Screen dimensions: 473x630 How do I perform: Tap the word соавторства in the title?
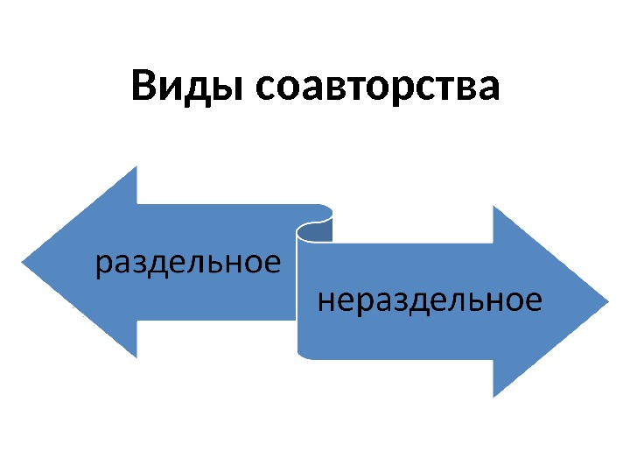click(378, 88)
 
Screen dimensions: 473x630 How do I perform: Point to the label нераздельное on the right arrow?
click(429, 302)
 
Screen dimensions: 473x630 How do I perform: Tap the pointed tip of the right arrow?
click(606, 302)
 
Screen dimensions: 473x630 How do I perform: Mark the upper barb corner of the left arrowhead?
click(137, 167)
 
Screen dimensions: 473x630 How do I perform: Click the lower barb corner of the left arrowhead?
click(137, 357)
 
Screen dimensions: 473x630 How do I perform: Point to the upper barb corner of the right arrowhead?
click(494, 207)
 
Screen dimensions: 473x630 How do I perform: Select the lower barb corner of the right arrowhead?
click(494, 397)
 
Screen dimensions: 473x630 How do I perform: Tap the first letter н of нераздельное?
click(324, 302)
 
